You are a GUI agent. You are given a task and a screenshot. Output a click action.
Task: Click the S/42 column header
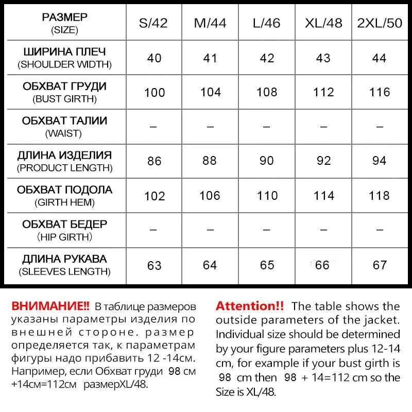153,23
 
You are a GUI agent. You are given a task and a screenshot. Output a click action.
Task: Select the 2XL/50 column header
380,23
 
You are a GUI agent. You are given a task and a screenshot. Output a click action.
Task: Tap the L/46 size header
267,23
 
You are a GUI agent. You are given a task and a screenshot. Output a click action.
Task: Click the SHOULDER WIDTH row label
64,58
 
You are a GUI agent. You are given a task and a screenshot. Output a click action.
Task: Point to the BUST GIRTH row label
64,92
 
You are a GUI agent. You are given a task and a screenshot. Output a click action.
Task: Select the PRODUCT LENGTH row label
64,161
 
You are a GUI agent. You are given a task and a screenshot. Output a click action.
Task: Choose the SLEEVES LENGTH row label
64,265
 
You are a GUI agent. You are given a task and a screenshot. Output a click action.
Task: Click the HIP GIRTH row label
64,230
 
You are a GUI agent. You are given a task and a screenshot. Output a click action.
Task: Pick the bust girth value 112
323,92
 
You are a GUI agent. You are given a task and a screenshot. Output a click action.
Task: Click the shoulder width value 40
154,58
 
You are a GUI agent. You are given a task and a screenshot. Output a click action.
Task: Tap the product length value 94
380,161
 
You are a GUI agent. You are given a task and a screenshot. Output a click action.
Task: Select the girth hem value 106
210,196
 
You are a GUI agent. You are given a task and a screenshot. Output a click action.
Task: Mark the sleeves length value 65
267,265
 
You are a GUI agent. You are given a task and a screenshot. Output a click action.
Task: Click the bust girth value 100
154,93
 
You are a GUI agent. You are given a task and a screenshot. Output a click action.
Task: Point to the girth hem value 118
380,196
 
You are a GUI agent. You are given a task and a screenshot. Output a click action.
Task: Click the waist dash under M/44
210,127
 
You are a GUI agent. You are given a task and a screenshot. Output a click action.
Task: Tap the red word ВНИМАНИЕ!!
50,305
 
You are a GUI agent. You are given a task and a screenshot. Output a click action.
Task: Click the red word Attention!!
250,305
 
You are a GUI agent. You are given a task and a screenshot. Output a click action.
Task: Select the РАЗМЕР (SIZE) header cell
64,23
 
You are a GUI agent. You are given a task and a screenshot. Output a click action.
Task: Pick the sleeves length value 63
154,265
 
